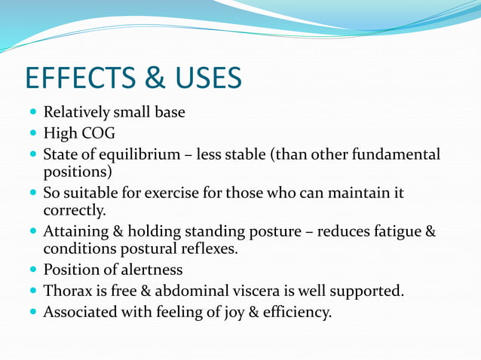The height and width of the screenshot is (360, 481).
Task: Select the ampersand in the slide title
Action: pos(152,78)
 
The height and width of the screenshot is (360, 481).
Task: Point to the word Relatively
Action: pos(76,113)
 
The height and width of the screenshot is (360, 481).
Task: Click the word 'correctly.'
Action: pos(75,210)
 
